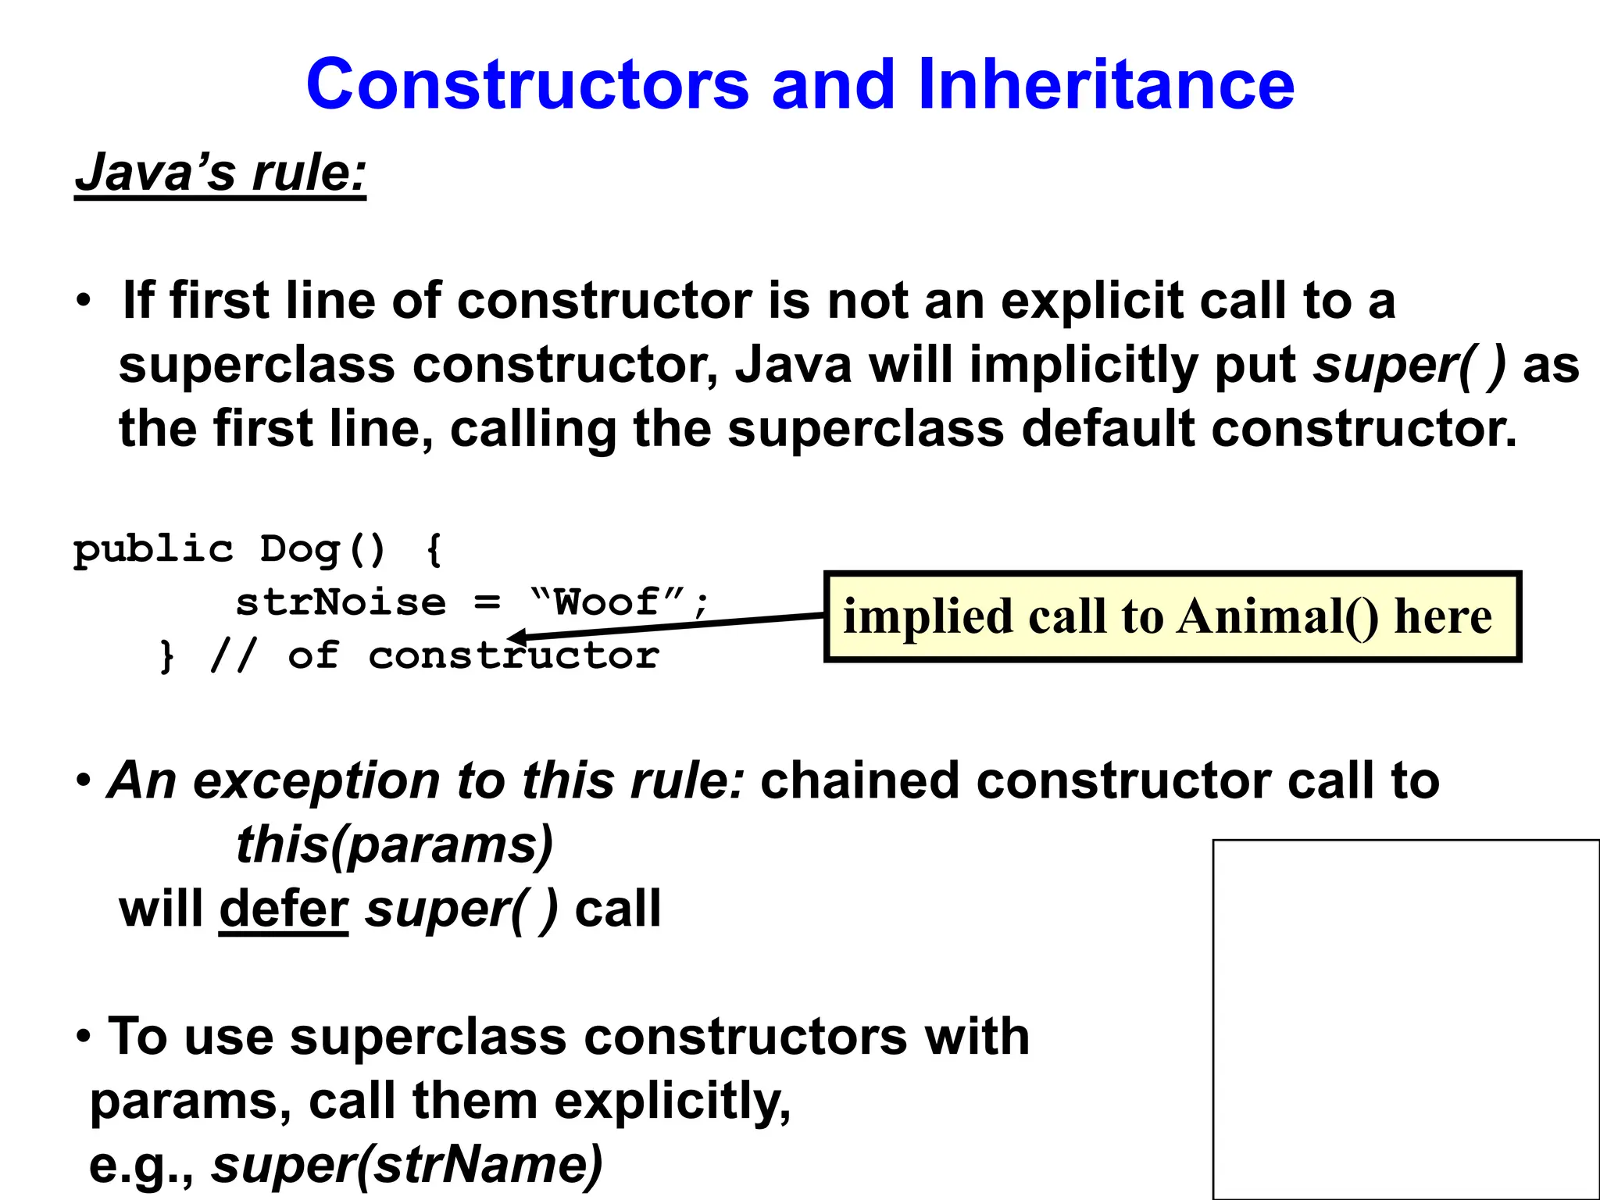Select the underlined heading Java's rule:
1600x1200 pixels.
(x=220, y=173)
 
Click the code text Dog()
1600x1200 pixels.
(x=323, y=549)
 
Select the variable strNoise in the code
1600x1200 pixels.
(x=341, y=603)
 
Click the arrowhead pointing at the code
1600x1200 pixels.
(x=517, y=637)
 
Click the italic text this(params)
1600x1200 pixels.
(x=395, y=845)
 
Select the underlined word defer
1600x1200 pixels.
(x=284, y=910)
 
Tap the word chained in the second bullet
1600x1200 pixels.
(x=859, y=781)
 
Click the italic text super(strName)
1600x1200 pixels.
(x=407, y=1165)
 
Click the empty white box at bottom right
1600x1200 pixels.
(x=1406, y=1019)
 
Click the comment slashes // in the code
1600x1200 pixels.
(x=233, y=655)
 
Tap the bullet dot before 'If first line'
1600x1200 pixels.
(x=84, y=302)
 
